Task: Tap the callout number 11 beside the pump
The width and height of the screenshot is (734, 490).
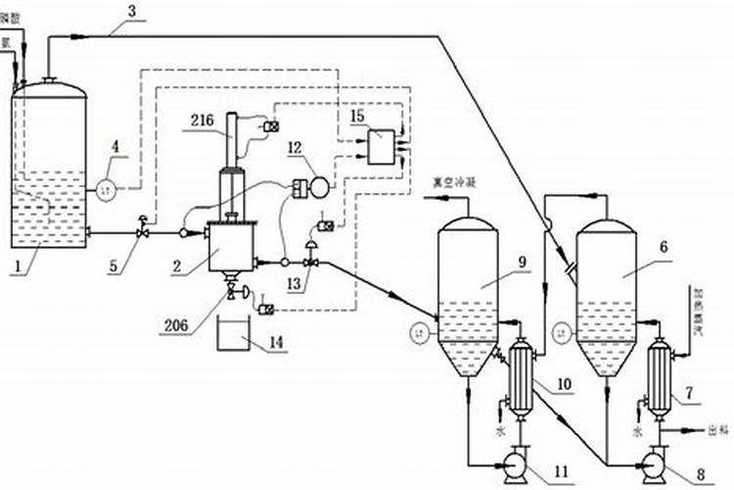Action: point(561,471)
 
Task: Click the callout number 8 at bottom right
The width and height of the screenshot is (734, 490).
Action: point(700,473)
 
